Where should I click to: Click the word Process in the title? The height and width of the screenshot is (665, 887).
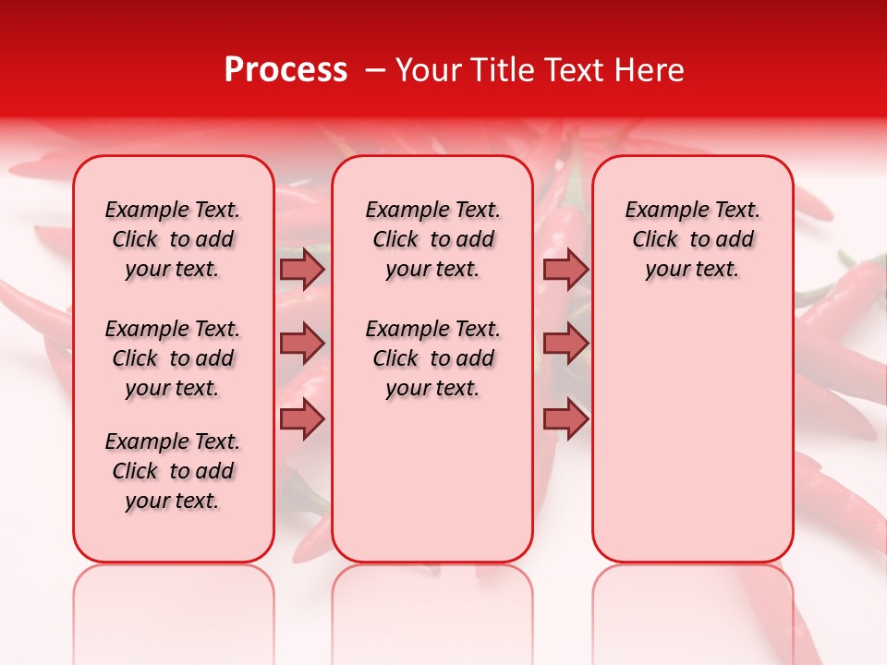pyautogui.click(x=286, y=70)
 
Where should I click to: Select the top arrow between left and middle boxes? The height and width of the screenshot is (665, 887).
pyautogui.click(x=302, y=269)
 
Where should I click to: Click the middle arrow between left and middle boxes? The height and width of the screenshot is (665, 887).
pyautogui.click(x=302, y=344)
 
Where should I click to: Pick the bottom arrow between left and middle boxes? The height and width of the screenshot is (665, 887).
pyautogui.click(x=302, y=418)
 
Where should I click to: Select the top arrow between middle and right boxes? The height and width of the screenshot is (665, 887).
pyautogui.click(x=566, y=269)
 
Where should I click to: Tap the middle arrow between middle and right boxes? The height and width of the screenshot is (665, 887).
pyautogui.click(x=566, y=344)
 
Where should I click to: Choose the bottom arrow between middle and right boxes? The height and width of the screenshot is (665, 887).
pyautogui.click(x=566, y=418)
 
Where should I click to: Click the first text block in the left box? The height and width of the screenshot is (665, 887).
pyautogui.click(x=173, y=239)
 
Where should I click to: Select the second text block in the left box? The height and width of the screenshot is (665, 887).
pyautogui.click(x=173, y=358)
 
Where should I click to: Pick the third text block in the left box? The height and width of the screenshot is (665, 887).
pyautogui.click(x=173, y=471)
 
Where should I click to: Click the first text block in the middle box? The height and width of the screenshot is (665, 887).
pyautogui.click(x=432, y=239)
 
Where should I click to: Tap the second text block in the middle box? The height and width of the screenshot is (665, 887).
pyautogui.click(x=432, y=358)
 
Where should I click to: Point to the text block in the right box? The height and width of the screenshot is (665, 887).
pyautogui.click(x=693, y=239)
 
